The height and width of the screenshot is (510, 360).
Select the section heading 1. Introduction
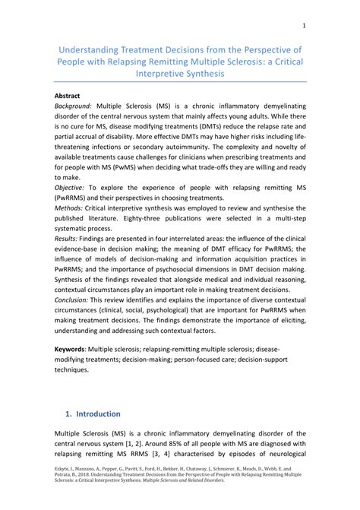click(93, 414)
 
